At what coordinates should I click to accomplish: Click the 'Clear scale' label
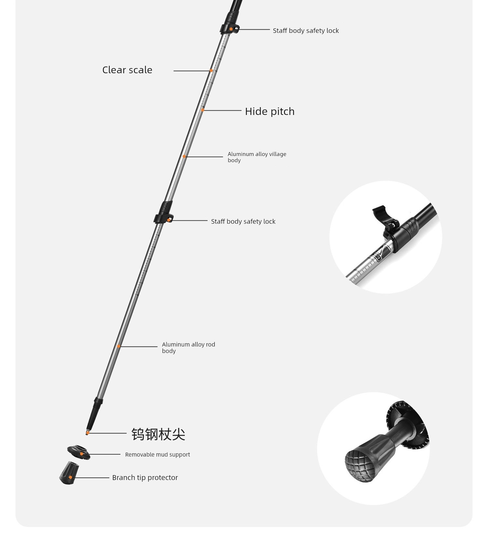click(127, 70)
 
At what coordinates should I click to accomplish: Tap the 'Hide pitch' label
click(270, 111)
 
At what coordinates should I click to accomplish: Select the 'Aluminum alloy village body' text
click(257, 157)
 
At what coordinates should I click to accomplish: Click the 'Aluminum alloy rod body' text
click(189, 347)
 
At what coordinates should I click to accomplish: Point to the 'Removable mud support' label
click(157, 455)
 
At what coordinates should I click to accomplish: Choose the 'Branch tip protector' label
click(145, 478)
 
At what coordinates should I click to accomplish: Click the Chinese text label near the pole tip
click(158, 434)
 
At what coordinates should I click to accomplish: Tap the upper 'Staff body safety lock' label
click(306, 31)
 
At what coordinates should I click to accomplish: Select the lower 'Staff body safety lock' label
click(243, 221)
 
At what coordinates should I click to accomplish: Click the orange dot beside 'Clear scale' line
click(211, 71)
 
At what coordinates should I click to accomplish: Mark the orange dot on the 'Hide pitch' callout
click(202, 110)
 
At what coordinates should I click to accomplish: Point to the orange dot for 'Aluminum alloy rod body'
click(119, 346)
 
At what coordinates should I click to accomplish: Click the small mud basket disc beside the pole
click(79, 452)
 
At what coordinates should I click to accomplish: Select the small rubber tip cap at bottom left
click(69, 473)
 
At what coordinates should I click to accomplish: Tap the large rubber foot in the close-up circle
click(366, 458)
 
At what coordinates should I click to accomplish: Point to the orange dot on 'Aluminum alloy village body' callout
click(184, 157)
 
